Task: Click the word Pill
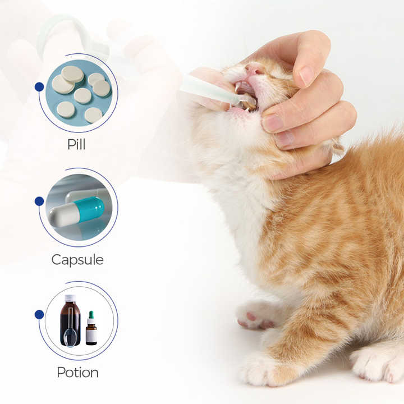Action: tap(76, 144)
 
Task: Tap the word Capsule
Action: tap(77, 260)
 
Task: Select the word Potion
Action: tap(77, 372)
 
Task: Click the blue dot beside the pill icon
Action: tap(39, 86)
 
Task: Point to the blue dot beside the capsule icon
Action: tap(39, 201)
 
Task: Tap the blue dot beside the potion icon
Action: tap(39, 314)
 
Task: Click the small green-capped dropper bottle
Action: tap(91, 330)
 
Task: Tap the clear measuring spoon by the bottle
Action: tap(71, 337)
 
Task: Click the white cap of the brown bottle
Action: tap(70, 297)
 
